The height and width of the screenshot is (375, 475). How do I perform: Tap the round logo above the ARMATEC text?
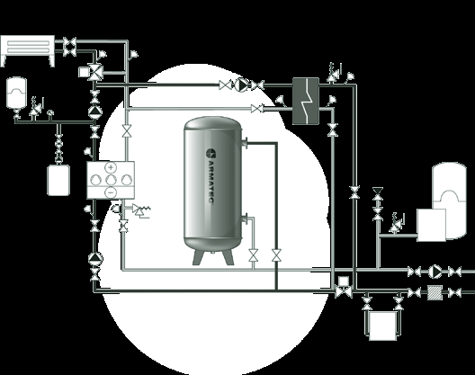211,153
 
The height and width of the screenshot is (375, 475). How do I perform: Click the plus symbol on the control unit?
112,167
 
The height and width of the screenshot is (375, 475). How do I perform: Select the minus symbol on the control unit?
111,192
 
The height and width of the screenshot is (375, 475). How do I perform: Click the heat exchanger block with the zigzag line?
306,101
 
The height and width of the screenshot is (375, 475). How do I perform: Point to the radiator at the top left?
28,50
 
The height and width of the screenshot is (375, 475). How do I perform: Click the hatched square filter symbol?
435,292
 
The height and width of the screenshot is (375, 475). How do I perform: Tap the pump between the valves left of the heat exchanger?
241,85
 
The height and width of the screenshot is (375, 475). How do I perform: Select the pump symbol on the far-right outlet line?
435,271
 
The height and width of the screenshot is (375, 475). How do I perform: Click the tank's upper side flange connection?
244,143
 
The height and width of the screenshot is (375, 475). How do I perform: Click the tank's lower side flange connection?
245,219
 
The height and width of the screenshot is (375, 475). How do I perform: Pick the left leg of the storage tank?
199,257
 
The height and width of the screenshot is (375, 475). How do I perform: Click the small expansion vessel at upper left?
17,93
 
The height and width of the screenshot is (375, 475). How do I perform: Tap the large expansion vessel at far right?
449,201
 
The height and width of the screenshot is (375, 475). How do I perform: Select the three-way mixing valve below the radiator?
95,72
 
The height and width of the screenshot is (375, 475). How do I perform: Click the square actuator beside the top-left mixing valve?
83,72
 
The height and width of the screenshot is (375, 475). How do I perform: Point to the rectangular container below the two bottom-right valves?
382,326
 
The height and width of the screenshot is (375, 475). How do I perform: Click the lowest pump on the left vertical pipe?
95,259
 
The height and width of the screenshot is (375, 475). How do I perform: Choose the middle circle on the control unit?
111,180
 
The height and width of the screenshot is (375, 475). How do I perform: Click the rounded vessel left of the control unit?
58,180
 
